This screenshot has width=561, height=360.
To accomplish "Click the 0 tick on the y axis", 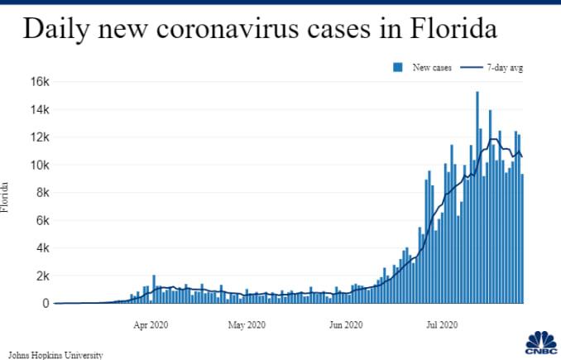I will (x=47, y=304).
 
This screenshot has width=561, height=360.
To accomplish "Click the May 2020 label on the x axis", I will (x=247, y=324).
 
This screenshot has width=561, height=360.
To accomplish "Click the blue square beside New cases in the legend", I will (x=398, y=67).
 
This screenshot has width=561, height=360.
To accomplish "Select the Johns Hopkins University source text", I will (x=56, y=354).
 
